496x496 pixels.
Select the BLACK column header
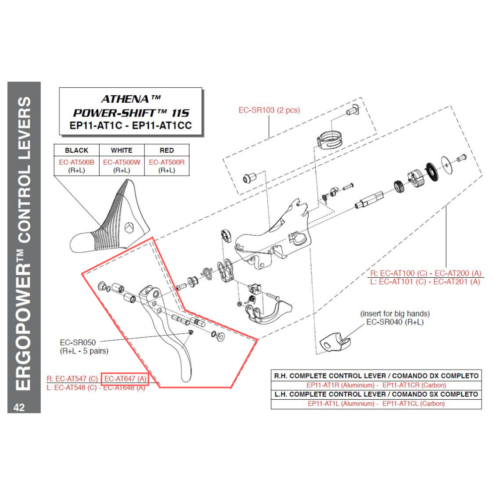point(76,150)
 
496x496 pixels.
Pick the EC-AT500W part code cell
point(122,162)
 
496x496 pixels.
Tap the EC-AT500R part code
point(167,162)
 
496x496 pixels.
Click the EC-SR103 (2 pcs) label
point(269,110)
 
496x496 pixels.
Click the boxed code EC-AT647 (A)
point(125,378)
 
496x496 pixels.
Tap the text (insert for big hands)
point(395,313)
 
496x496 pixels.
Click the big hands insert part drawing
point(335,341)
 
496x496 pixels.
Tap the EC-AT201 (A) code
point(457,281)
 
